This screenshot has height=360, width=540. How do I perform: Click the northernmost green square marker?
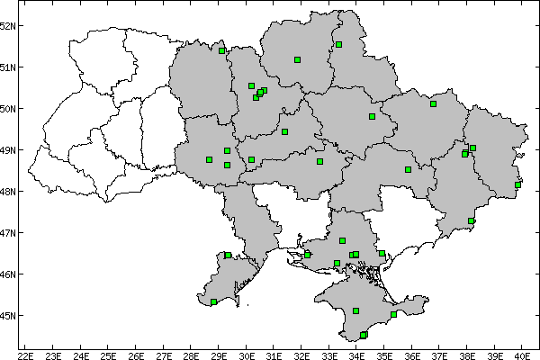[x=338, y=44]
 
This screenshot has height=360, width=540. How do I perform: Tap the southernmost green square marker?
[x=364, y=335]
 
